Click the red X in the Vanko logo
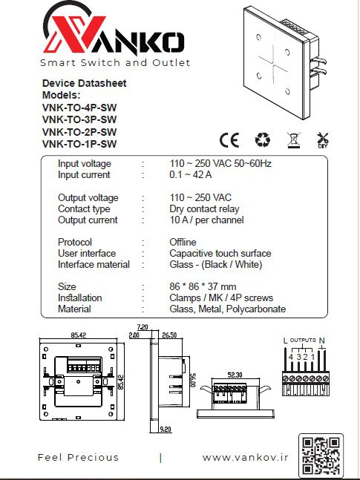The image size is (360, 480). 74,34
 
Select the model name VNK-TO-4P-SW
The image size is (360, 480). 79,108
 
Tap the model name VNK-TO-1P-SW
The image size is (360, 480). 79,144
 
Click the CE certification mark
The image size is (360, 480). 229,140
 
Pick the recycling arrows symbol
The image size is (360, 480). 263,139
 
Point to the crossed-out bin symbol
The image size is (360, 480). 294,140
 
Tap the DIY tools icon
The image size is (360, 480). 322,140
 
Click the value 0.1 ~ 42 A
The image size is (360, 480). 190,175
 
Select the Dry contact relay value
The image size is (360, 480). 204,209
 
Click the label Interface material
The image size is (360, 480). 94,265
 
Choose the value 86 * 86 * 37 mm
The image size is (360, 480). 203,287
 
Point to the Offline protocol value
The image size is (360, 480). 183,242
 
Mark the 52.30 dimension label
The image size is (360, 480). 235,375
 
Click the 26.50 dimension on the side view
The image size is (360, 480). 169,335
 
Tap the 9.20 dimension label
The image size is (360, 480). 166,430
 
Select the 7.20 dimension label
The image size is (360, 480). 143,327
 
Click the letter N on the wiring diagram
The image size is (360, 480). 321,341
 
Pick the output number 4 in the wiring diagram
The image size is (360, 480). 291,357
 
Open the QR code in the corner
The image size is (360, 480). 321,456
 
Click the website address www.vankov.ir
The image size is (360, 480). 245,458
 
